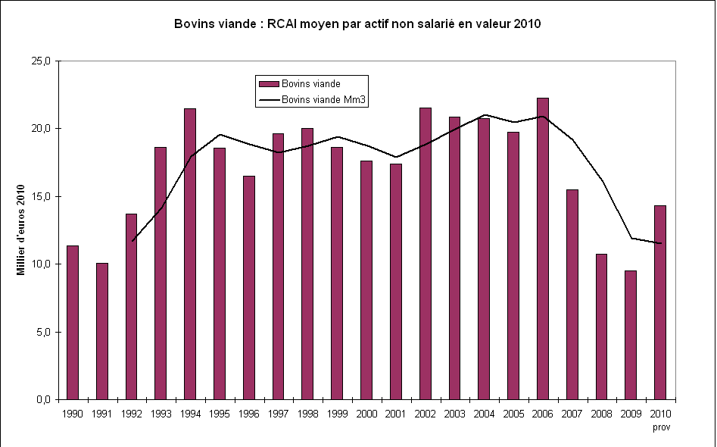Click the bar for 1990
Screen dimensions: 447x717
click(x=73, y=322)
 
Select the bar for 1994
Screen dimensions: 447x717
click(x=190, y=254)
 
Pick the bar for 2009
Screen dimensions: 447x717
click(x=631, y=334)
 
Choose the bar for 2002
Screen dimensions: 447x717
click(x=425, y=253)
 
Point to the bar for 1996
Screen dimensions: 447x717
click(x=249, y=287)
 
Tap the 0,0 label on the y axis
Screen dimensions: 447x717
click(x=42, y=399)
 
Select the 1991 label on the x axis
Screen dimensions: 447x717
click(x=102, y=414)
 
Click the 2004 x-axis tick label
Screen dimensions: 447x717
click(x=484, y=414)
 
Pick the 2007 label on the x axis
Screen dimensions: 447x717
click(x=572, y=414)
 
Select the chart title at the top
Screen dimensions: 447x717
click(x=357, y=23)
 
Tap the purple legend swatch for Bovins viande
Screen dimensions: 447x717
click(x=269, y=83)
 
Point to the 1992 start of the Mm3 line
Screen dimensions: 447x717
click(x=132, y=241)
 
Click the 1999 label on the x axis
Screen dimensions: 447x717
click(x=337, y=414)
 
